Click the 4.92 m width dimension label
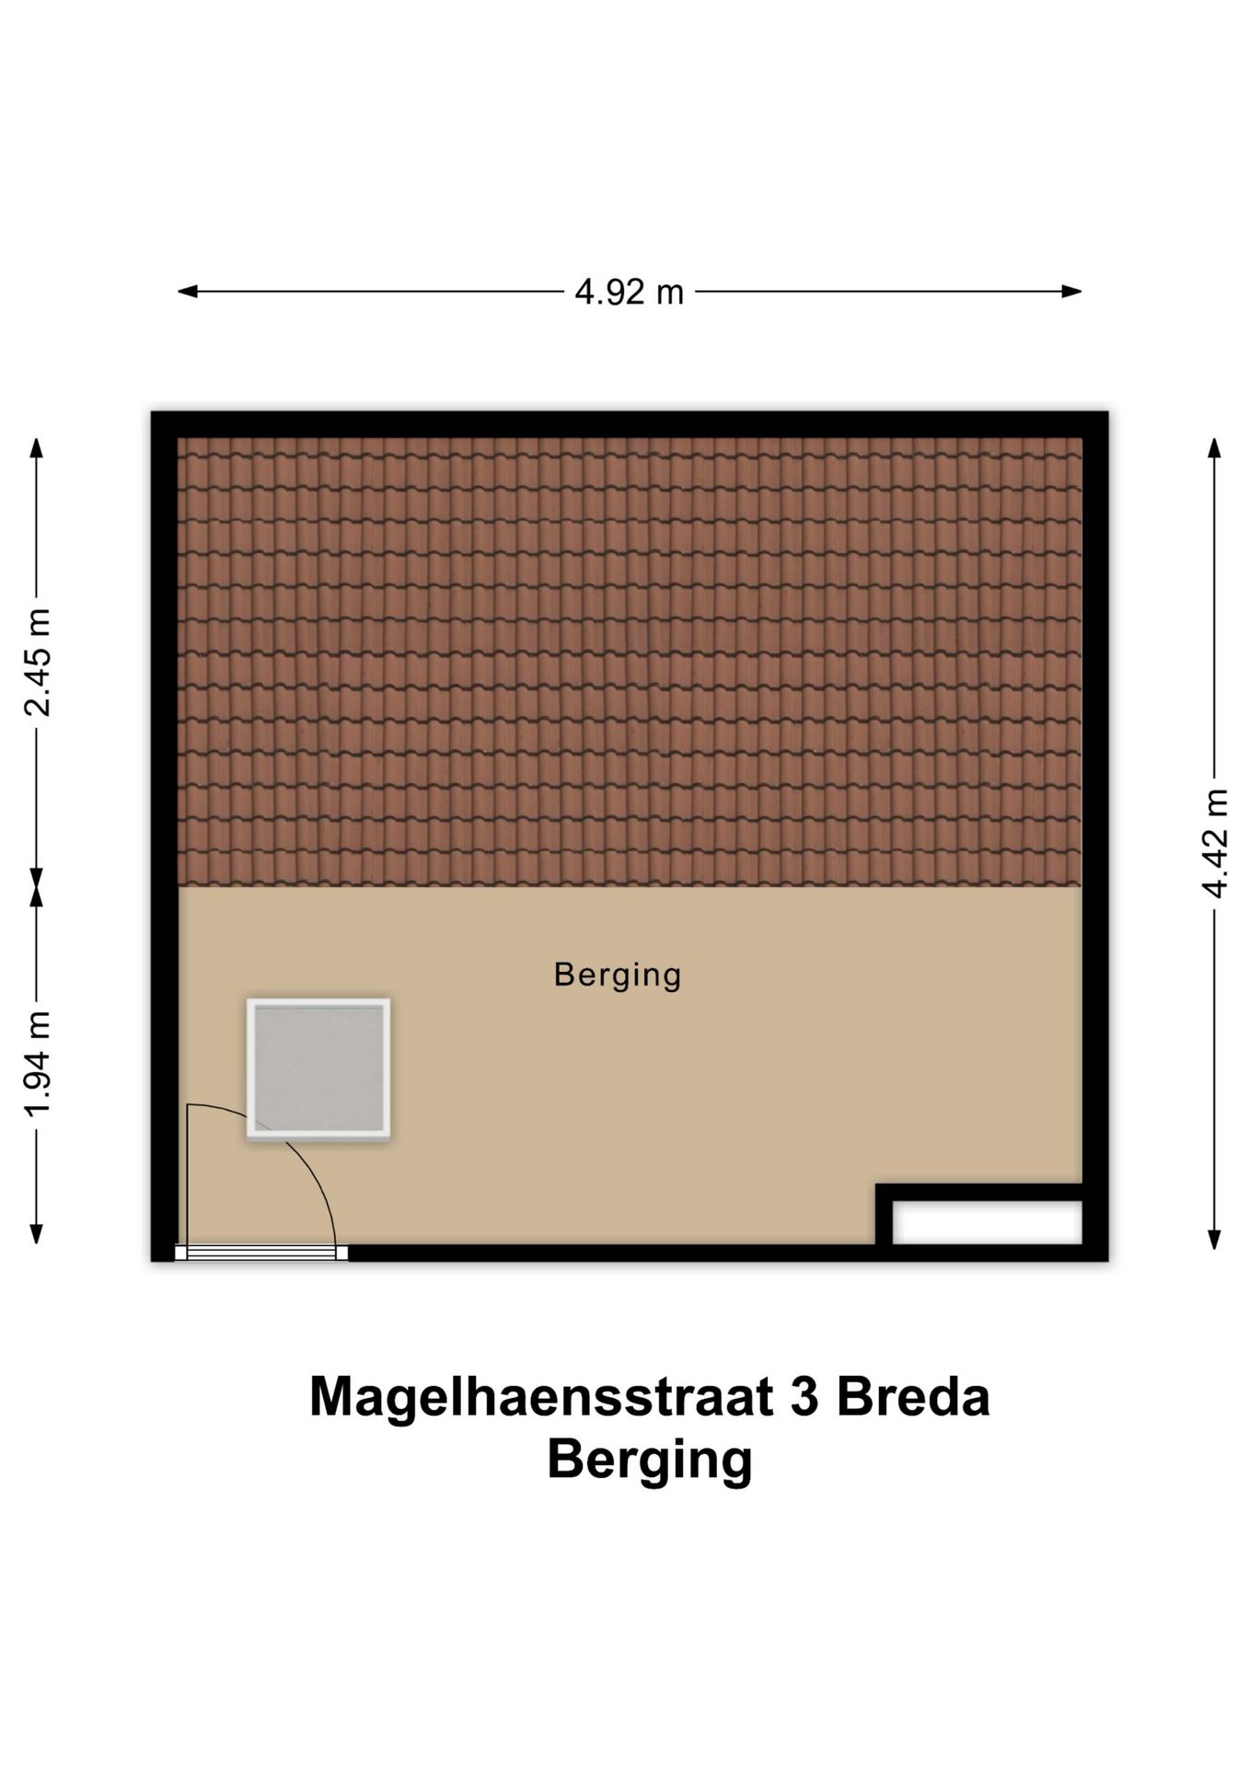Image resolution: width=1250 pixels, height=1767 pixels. [x=629, y=293]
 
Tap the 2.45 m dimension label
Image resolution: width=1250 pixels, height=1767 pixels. [x=38, y=662]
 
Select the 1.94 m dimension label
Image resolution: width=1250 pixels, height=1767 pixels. [x=38, y=1062]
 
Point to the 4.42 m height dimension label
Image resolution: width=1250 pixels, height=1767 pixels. [x=1215, y=842]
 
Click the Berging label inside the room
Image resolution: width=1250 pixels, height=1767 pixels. [x=617, y=975]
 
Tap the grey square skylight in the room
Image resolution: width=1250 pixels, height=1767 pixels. [x=318, y=1069]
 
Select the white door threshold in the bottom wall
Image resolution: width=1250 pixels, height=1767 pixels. [x=261, y=1253]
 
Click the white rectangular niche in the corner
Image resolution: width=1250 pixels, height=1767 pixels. [x=987, y=1223]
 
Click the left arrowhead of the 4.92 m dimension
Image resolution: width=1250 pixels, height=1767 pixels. [x=187, y=292]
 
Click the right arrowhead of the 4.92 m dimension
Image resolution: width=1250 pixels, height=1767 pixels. [x=1072, y=292]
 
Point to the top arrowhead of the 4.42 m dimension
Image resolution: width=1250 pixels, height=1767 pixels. [x=1215, y=447]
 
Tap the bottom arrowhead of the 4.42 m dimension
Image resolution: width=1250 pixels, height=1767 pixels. [x=1215, y=1240]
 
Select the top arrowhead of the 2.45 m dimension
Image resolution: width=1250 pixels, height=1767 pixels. [x=37, y=447]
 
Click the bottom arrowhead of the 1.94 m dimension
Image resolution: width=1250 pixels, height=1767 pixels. [x=37, y=1234]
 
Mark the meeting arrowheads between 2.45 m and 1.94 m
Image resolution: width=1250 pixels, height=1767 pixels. [x=37, y=885]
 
